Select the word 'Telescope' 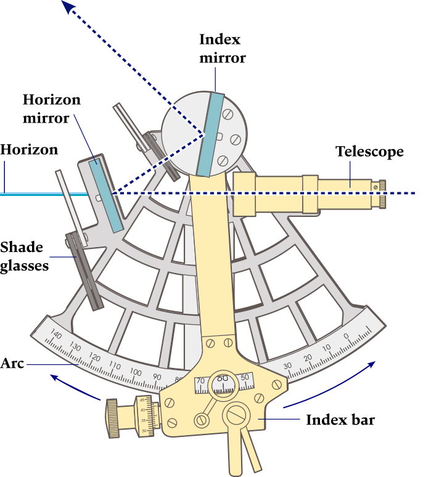pyautogui.click(x=369, y=152)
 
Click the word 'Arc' pyautogui.click(x=12, y=363)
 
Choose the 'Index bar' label pyautogui.click(x=340, y=420)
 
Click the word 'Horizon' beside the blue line pyautogui.click(x=29, y=150)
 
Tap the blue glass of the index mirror pyautogui.click(x=211, y=133)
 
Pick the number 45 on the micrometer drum pyautogui.click(x=143, y=401)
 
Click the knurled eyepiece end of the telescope pyautogui.click(x=382, y=193)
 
